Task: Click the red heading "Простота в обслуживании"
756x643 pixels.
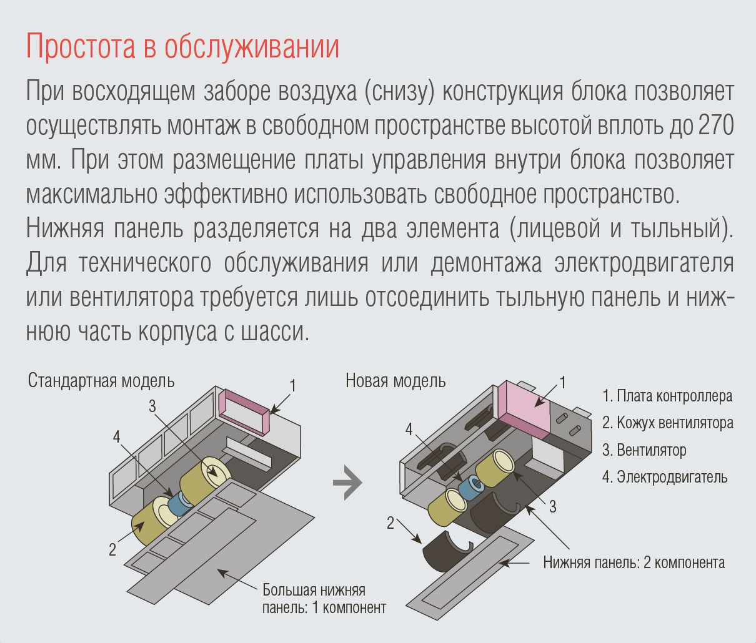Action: (x=182, y=46)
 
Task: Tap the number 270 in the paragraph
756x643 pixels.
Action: (x=716, y=125)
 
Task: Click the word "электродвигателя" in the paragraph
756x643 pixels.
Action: (x=644, y=263)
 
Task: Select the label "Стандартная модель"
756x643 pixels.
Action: (x=101, y=381)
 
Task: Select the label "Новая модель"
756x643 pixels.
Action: (x=395, y=381)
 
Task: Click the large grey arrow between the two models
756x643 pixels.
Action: (x=347, y=483)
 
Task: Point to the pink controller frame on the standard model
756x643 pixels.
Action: (x=244, y=412)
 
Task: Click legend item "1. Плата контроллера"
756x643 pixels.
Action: (x=667, y=396)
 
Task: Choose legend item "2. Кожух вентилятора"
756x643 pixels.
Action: (x=667, y=423)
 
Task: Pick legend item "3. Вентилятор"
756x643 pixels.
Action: (x=644, y=450)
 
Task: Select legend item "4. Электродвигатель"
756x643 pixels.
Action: (x=665, y=477)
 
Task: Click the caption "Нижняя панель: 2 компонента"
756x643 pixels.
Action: (x=634, y=562)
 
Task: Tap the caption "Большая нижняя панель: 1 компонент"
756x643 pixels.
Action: (x=324, y=599)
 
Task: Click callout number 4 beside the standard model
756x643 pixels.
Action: (x=116, y=436)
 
